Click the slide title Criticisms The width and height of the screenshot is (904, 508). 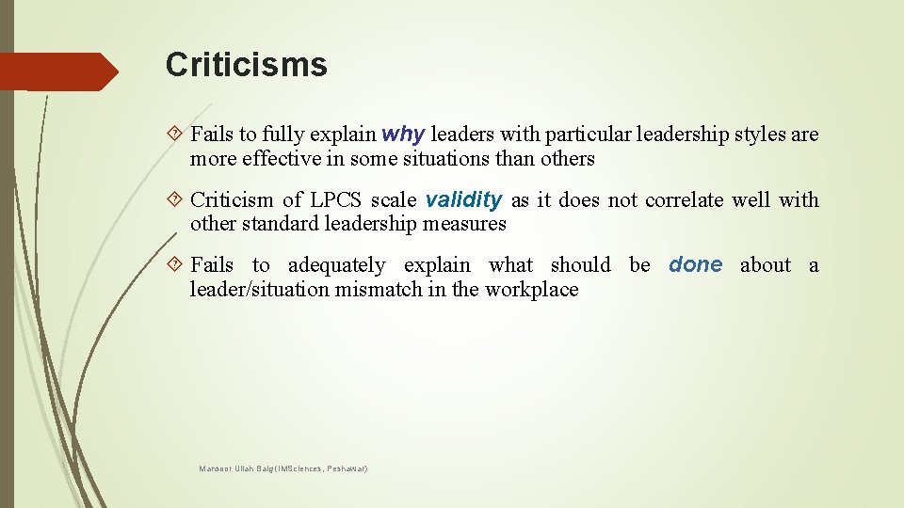pos(246,65)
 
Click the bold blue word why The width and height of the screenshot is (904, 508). pos(404,135)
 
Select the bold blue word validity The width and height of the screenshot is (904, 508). pos(463,199)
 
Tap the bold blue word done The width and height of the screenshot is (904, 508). pos(695,265)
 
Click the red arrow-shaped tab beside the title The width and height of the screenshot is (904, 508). pos(58,71)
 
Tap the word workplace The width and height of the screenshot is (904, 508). pos(531,290)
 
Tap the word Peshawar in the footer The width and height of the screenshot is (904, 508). pos(346,468)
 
